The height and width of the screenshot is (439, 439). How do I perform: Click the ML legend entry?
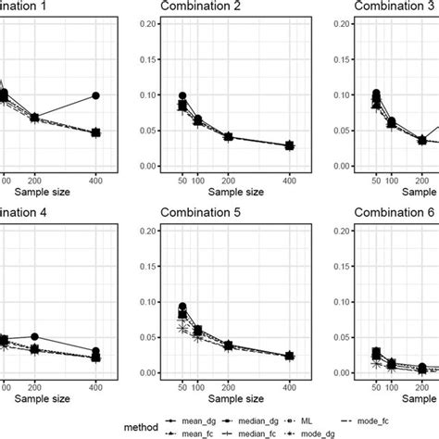click(319, 416)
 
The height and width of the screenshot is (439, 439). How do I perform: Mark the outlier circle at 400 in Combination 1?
click(95, 95)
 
